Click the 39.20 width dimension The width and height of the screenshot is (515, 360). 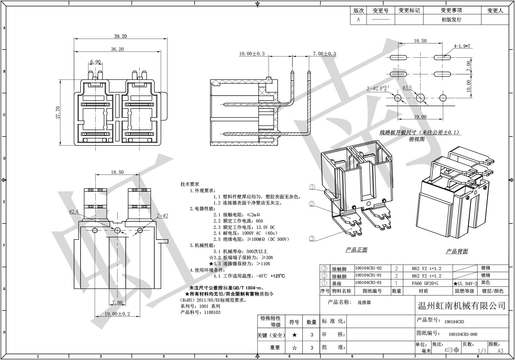pos(120,36)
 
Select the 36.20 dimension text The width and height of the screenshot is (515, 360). pos(117,49)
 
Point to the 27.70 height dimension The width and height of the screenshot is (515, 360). pos(58,112)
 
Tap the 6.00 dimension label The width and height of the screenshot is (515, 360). pos(95,62)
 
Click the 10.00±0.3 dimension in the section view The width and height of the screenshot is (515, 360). pos(252,54)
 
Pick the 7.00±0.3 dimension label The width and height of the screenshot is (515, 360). pos(324,54)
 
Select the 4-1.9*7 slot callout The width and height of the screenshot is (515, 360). pos(462,46)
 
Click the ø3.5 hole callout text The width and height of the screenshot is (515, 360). pos(407,88)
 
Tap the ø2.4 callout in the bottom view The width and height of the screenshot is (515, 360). pos(73,212)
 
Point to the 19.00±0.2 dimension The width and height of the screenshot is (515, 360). pos(117,314)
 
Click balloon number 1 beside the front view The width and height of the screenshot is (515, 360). pos(312,187)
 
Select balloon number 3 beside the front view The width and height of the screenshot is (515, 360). pos(312,238)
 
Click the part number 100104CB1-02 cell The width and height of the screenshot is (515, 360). pos(368,268)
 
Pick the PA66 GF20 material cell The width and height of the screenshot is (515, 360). pos(425,283)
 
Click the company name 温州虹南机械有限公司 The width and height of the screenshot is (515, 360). pos(462,306)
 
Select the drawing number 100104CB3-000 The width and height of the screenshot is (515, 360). pos(463,335)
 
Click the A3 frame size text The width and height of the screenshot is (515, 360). pos(501,351)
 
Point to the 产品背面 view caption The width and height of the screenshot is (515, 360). pos(457,251)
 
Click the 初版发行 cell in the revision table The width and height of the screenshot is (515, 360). pos(451,20)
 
